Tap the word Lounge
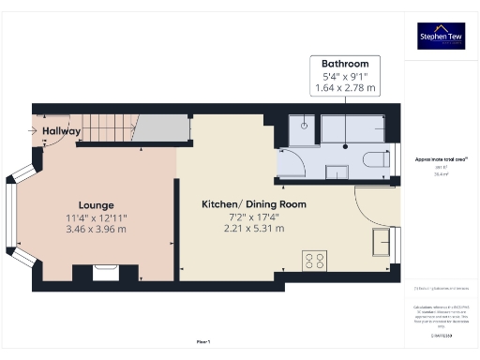(97, 205)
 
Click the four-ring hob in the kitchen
(313, 261)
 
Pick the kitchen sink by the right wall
(382, 242)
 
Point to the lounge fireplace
(105, 272)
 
